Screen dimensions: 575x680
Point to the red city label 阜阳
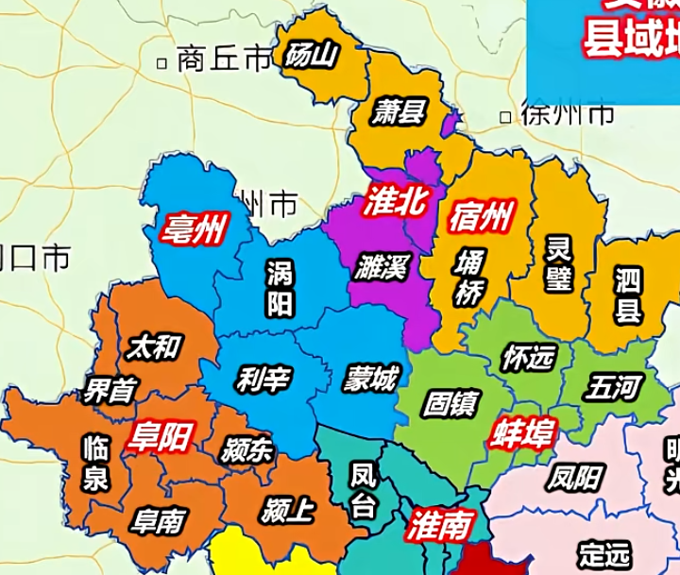[161, 436]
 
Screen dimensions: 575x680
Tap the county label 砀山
[311, 56]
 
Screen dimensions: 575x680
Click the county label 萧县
[397, 112]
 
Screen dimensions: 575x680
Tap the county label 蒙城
[371, 380]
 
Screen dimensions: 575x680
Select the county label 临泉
[94, 463]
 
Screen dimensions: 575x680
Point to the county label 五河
[614, 386]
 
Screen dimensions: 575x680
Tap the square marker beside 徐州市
[506, 118]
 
